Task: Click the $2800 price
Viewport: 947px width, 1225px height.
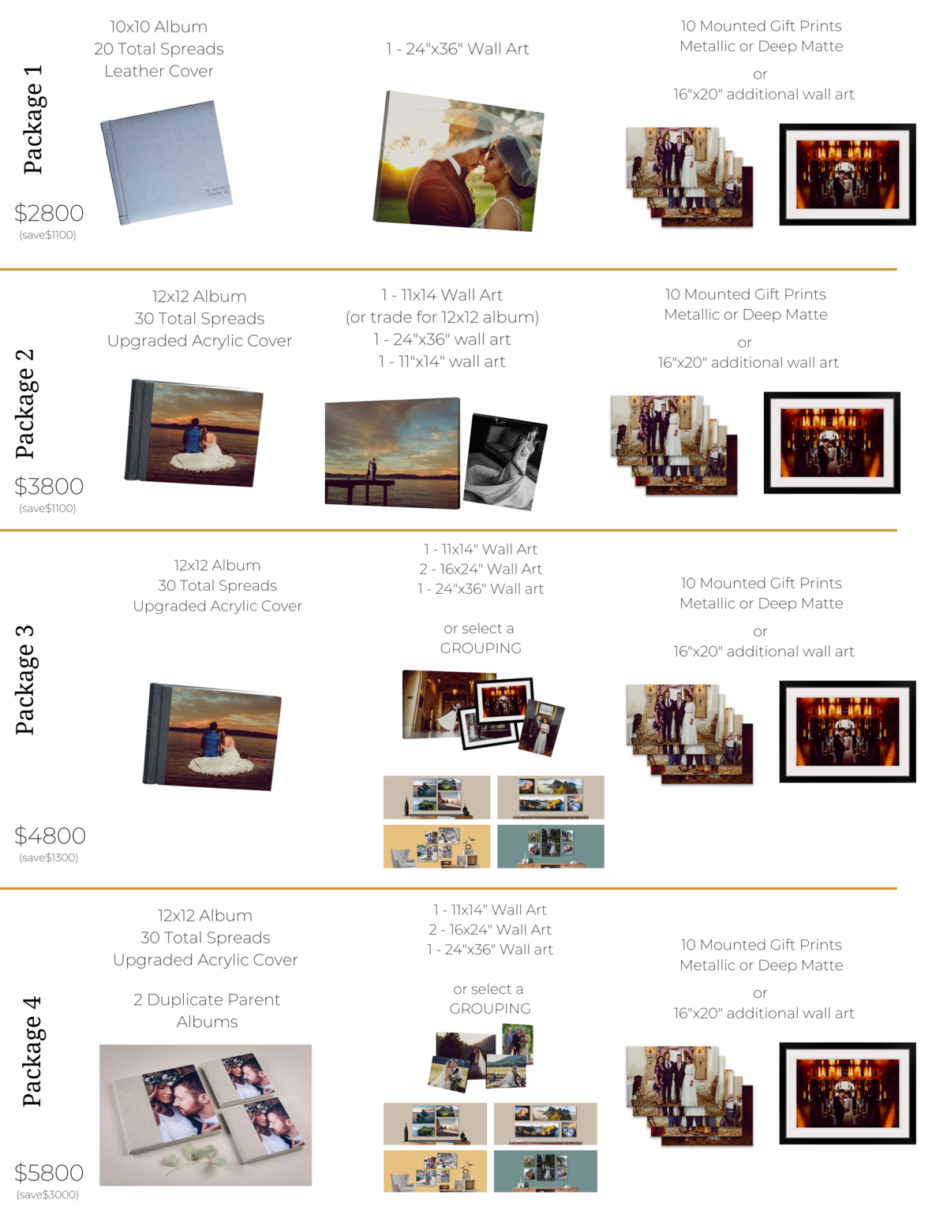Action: pos(49,213)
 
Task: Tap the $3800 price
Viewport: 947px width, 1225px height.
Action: pos(49,486)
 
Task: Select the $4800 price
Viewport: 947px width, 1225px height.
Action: pos(51,835)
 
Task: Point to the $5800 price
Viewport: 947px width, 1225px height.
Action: pos(49,1173)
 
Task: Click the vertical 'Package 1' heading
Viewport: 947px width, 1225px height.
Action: pos(32,119)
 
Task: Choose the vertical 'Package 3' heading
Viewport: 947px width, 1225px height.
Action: pos(25,680)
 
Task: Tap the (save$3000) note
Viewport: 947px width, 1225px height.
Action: pos(47,1194)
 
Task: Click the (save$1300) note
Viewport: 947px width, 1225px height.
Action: pos(48,857)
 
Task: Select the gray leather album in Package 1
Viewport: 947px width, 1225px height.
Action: pos(167,162)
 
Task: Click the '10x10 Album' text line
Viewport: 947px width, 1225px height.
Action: pos(159,27)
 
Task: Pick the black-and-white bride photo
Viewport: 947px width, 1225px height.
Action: pos(505,461)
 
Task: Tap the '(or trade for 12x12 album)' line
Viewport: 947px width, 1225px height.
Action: pos(442,317)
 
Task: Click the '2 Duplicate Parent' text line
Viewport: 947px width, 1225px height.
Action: pos(207,999)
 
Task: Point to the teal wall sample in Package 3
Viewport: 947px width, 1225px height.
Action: pos(551,846)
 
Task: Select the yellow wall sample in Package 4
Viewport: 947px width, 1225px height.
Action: pos(435,1171)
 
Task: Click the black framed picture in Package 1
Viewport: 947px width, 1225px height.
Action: pos(847,174)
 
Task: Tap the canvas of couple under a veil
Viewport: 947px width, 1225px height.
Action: pos(459,161)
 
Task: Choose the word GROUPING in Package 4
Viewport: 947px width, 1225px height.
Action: pos(490,1009)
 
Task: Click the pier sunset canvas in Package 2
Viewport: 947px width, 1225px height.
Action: pos(392,454)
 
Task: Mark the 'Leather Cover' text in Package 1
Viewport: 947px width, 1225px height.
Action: pos(159,71)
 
